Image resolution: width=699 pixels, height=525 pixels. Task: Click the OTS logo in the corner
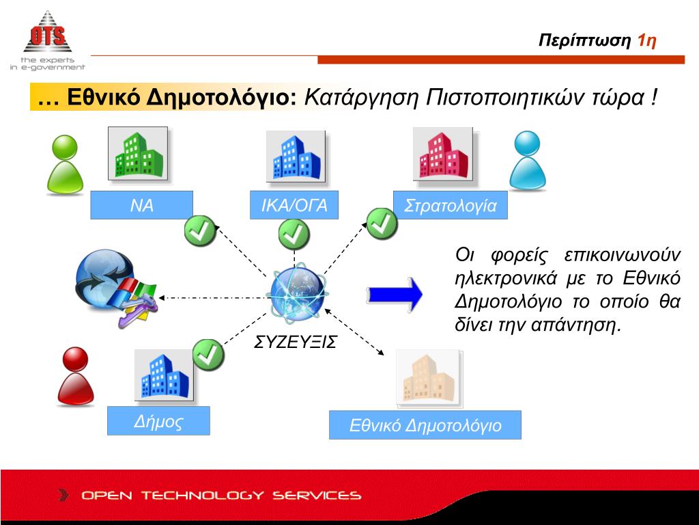47,39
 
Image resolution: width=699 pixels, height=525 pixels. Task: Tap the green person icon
65,165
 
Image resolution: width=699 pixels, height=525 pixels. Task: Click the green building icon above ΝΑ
138,154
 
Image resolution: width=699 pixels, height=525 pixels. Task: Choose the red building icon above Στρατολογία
443,154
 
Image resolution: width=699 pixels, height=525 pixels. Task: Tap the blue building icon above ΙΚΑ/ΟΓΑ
294,157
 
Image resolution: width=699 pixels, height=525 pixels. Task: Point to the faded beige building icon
429,377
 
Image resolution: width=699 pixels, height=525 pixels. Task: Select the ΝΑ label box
142,205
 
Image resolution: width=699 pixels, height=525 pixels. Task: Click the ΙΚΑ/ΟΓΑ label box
294,205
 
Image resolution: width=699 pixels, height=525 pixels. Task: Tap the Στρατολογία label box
451,206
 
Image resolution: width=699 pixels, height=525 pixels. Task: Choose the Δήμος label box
158,421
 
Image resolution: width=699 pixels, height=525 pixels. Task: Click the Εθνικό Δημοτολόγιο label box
425,425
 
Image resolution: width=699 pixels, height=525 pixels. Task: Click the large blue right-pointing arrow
395,295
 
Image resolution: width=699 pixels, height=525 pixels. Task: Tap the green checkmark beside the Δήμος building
208,354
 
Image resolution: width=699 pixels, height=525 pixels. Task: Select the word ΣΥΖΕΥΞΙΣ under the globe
296,342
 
